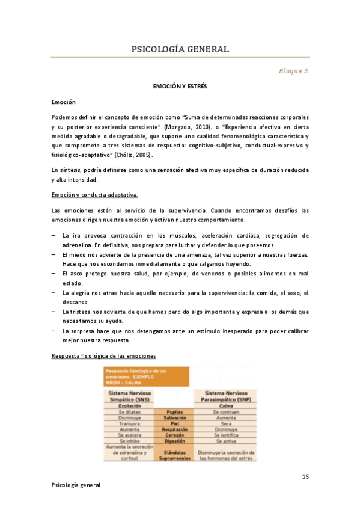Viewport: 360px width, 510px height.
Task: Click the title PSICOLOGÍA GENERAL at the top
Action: (x=180, y=49)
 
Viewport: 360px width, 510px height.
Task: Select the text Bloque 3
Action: (x=293, y=71)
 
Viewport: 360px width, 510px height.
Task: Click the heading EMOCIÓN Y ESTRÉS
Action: (x=180, y=87)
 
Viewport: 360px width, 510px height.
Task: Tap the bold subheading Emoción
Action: (x=64, y=102)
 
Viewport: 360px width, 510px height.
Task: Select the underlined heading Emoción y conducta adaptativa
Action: (x=95, y=194)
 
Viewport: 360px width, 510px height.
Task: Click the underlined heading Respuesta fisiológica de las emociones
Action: (x=104, y=356)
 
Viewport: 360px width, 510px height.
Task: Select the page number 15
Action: (x=305, y=477)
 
